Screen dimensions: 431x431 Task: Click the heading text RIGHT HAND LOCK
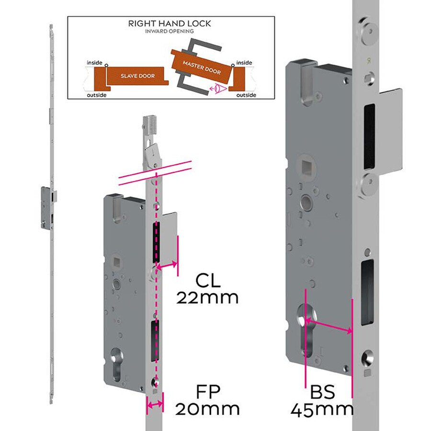click(x=170, y=23)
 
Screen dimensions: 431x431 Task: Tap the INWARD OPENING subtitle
click(x=170, y=31)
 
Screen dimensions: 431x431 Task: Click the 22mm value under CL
click(x=207, y=297)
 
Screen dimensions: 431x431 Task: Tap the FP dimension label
click(x=207, y=391)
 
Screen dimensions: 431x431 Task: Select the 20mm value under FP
click(x=207, y=409)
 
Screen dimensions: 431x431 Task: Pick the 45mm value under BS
click(x=323, y=409)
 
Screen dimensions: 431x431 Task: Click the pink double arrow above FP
click(x=154, y=405)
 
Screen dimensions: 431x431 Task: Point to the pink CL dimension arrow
click(x=168, y=264)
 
